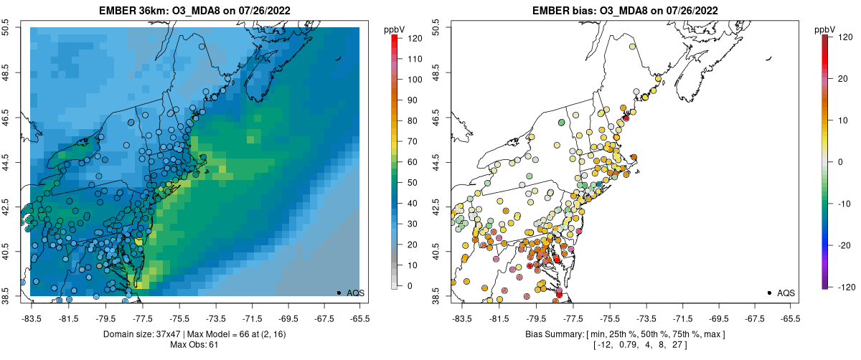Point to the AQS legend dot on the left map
pos(339,293)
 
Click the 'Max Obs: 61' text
pos(194,345)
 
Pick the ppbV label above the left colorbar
pos(394,29)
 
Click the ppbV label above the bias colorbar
pos(825,29)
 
